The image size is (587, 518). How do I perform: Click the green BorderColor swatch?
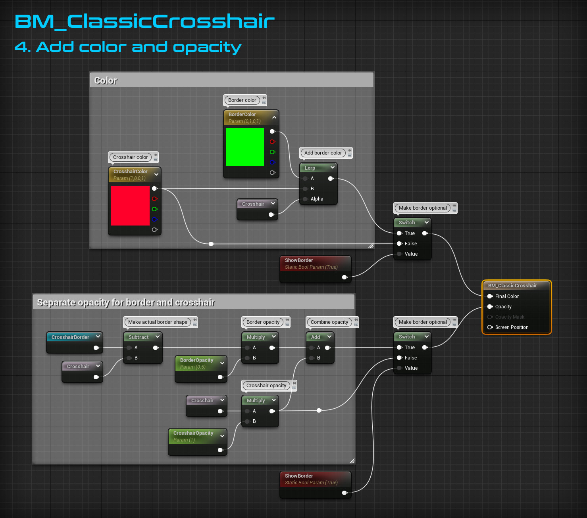244,147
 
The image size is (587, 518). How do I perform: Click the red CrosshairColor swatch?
130,206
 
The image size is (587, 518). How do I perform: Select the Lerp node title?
310,168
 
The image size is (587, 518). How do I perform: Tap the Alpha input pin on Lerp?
305,199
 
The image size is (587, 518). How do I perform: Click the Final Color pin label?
507,296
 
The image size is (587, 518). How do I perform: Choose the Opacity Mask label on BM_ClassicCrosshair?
510,317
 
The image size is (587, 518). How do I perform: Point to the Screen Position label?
512,327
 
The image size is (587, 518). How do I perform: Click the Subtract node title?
139,337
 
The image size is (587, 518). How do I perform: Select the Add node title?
316,337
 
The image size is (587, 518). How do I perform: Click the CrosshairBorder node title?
70,337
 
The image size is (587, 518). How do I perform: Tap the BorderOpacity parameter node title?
196,360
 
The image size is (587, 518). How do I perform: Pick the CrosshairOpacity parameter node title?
193,433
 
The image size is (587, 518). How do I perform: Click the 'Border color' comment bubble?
242,100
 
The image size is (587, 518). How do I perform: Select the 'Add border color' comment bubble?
323,153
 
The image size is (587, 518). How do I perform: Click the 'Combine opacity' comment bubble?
329,322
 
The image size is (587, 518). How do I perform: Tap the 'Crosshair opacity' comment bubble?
266,386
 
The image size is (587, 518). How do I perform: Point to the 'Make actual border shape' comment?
158,322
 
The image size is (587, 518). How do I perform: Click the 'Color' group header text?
106,80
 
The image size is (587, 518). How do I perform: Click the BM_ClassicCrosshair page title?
144,21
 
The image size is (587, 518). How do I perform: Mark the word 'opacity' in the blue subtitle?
207,48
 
